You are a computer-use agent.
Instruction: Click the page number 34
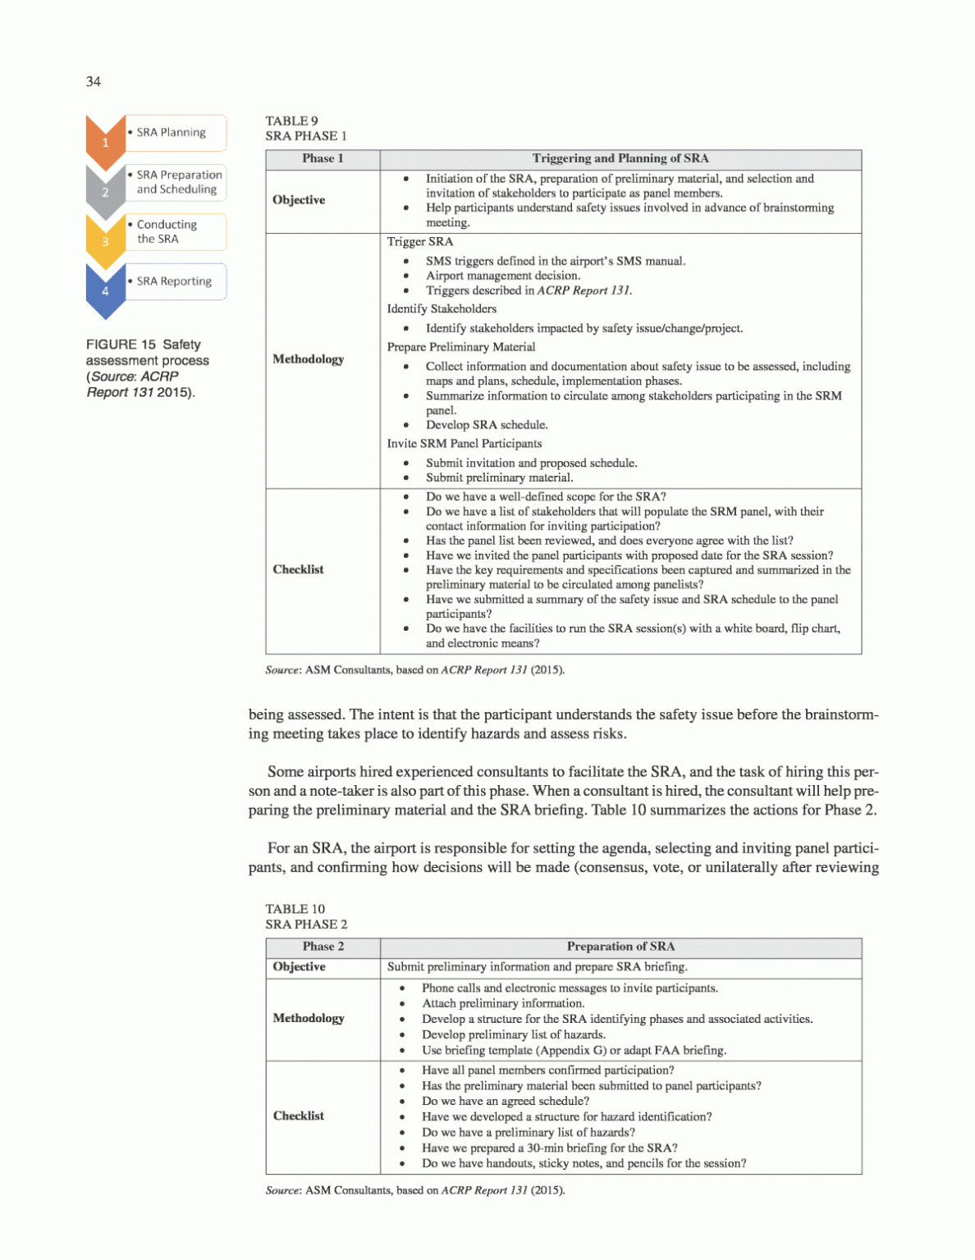[94, 81]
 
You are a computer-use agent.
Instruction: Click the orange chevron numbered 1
[105, 140]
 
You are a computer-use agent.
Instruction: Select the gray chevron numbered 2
[105, 191]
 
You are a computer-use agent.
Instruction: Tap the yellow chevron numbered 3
[105, 240]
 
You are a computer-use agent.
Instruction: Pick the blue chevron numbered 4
[105, 290]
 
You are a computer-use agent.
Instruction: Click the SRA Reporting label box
[175, 281]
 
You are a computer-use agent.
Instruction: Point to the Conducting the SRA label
[167, 231]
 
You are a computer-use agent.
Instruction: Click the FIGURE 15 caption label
[144, 345]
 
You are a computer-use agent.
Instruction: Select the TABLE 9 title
[292, 121]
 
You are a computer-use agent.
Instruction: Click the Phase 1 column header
[323, 158]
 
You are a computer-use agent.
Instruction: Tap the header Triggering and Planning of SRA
[620, 158]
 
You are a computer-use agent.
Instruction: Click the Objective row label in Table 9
[299, 200]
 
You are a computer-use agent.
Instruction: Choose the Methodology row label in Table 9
[309, 359]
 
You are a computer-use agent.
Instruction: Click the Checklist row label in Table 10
[299, 1116]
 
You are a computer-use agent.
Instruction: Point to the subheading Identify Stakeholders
[442, 309]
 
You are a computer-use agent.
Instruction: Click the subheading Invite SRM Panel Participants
[465, 444]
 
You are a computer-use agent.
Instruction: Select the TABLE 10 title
[295, 909]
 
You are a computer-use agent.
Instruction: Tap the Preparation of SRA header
[620, 947]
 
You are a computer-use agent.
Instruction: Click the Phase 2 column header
[323, 947]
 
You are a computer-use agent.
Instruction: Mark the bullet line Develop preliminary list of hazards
[514, 1034]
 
